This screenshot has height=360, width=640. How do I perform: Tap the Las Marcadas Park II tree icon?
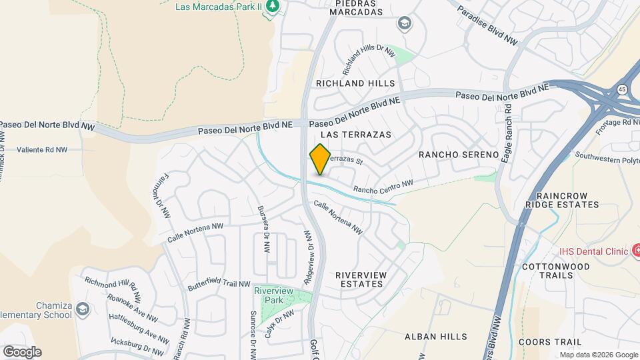coord(272,6)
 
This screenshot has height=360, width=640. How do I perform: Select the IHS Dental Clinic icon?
coord(635,251)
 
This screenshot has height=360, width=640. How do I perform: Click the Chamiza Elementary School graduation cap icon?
coord(82,309)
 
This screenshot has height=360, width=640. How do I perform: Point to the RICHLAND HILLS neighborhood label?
coord(355,83)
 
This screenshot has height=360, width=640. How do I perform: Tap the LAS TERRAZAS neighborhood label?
coord(356,135)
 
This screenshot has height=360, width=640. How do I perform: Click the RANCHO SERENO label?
coord(459,155)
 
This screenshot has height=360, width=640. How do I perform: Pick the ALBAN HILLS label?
coord(436,337)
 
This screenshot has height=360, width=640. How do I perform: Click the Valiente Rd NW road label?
coord(42,150)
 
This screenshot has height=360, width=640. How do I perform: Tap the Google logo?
coord(22,351)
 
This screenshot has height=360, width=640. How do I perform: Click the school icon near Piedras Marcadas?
coord(403,25)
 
